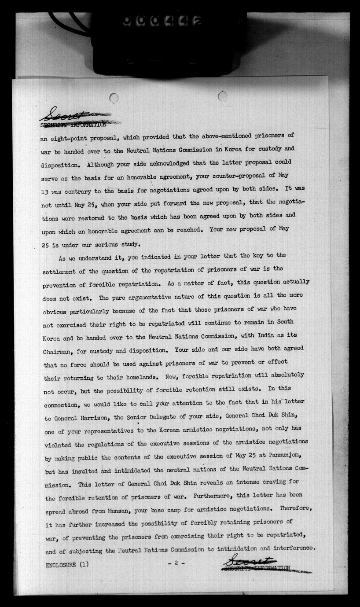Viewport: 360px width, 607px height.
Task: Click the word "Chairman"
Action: (x=60, y=351)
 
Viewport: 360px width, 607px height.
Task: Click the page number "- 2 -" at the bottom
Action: (x=176, y=563)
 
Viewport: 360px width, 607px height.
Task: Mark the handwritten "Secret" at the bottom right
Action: (x=249, y=561)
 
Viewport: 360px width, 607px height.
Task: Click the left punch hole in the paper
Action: (x=114, y=98)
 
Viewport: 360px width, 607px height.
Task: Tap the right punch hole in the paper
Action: (x=223, y=96)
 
